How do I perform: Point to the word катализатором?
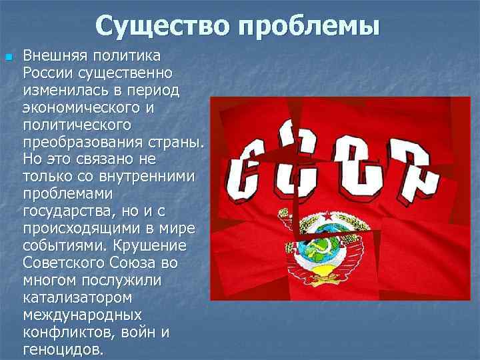(77, 297)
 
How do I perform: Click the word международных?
(82, 315)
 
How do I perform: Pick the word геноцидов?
(63, 349)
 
